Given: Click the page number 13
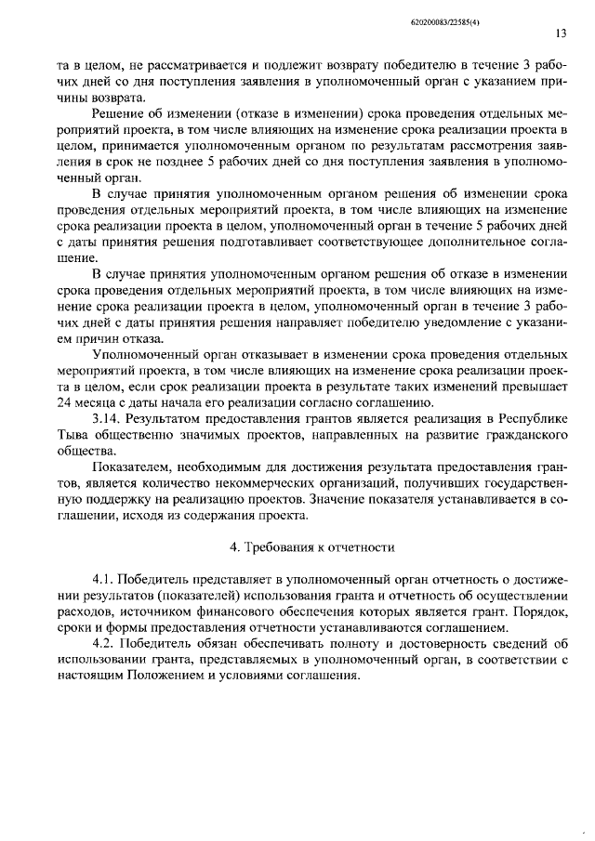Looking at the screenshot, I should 561,33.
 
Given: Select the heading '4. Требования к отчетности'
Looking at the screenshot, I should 311,546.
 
